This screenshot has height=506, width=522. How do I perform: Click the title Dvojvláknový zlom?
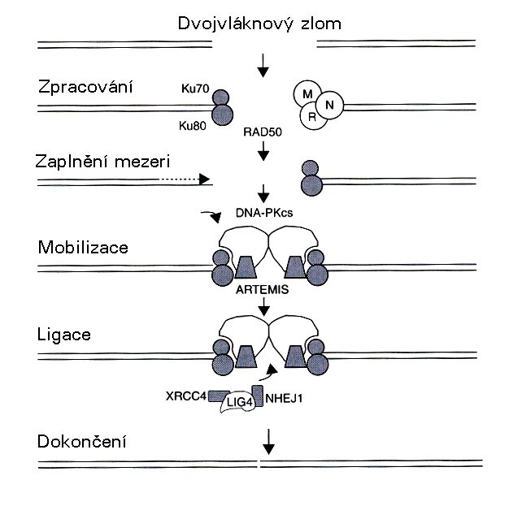point(259,22)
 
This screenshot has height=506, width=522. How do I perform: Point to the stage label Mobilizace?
point(83,247)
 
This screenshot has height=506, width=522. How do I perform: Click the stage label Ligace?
point(63,334)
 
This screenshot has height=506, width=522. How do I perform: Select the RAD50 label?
point(262,130)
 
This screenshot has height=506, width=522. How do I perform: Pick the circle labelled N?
point(328,104)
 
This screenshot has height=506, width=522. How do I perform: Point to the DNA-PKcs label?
point(262,212)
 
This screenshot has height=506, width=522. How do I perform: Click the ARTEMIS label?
point(262,288)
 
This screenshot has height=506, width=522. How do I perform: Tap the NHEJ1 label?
point(284,397)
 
